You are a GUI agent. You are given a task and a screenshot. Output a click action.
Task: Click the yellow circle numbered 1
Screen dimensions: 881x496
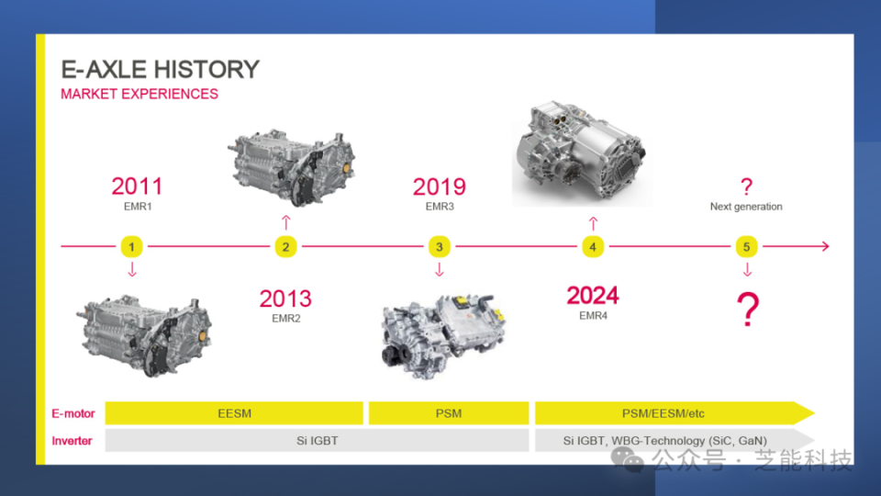click(x=131, y=246)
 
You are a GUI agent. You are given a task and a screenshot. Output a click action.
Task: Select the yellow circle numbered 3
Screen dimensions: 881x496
click(x=440, y=246)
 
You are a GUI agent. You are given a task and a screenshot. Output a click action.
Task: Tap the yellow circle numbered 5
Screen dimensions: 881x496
click(x=747, y=246)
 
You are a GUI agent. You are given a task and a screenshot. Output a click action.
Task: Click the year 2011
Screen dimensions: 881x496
click(x=137, y=186)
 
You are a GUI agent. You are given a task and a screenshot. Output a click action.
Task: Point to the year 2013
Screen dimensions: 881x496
click(x=285, y=299)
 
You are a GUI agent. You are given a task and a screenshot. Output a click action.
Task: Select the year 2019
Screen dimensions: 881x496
click(x=440, y=186)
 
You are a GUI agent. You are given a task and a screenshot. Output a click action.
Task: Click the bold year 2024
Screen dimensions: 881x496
click(x=593, y=295)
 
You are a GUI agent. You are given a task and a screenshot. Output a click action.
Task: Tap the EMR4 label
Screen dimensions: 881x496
click(x=594, y=316)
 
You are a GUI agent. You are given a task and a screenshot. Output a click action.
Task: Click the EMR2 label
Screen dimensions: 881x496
click(x=286, y=319)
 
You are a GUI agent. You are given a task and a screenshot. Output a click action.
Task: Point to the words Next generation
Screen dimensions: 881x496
click(x=746, y=207)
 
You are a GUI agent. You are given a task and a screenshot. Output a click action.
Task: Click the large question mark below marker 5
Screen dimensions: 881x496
click(x=748, y=310)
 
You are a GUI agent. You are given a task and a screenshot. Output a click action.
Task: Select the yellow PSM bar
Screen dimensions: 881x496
click(x=449, y=413)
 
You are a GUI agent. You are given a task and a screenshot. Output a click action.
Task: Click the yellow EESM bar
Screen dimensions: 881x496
click(x=234, y=413)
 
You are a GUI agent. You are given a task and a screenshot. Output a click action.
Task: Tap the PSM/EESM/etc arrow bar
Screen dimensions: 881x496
click(x=675, y=413)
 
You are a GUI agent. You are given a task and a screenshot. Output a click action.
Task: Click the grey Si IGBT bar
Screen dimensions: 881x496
click(x=317, y=441)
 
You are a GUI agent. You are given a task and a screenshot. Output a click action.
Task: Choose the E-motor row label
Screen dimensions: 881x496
click(x=73, y=414)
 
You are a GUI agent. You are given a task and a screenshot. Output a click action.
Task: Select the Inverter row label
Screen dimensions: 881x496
click(x=72, y=441)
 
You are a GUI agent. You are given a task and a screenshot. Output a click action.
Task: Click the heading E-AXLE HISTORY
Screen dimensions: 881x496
click(x=160, y=70)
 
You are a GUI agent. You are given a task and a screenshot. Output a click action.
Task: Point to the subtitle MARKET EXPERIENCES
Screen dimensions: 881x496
click(x=139, y=94)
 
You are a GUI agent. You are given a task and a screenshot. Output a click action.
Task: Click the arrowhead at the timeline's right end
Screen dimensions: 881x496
click(x=826, y=246)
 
